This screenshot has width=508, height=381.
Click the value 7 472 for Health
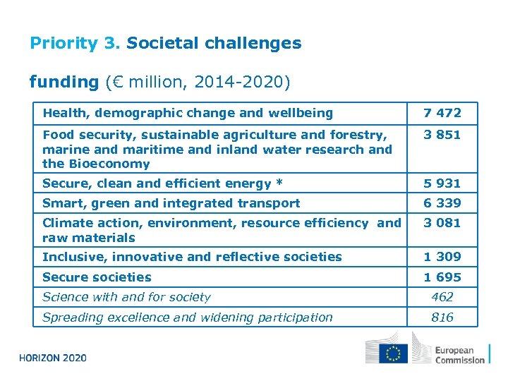442,113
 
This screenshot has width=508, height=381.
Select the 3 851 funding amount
442,134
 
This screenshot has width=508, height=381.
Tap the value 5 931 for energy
442,183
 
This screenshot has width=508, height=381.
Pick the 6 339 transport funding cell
442,203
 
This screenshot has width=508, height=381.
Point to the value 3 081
442,223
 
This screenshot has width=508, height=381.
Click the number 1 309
442,257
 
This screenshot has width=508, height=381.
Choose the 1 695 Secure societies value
442,277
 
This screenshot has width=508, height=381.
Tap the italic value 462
442,297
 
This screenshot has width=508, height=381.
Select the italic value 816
442,317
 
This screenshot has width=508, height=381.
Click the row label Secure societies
97,277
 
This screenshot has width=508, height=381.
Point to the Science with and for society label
126,297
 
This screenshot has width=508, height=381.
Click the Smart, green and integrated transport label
171,203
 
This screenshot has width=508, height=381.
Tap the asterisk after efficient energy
279,183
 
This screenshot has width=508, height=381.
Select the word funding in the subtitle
64,82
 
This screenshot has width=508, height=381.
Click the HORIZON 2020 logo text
53,358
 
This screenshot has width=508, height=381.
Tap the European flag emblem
392,353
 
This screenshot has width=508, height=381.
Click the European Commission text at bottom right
459,354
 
